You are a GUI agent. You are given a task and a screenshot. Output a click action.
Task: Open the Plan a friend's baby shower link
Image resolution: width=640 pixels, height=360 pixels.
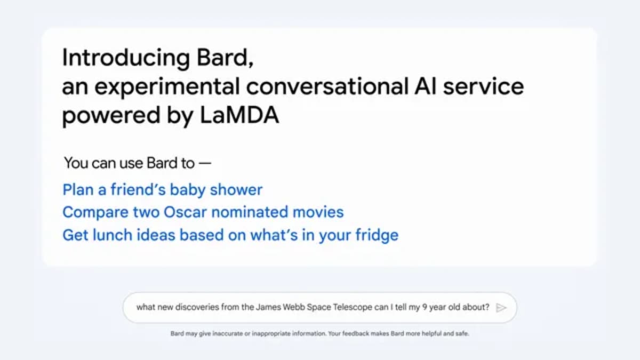click(162, 190)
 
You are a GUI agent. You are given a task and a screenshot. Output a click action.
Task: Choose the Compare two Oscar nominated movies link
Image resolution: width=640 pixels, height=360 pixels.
click(203, 212)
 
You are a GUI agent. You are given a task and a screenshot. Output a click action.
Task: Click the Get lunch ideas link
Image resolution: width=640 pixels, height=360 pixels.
click(230, 235)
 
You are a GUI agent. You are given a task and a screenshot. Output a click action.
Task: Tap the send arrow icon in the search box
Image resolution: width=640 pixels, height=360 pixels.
click(500, 307)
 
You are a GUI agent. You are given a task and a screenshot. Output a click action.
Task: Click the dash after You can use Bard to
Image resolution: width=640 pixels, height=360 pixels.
click(205, 163)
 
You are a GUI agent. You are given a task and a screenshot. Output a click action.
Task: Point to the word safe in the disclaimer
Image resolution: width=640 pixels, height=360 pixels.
click(463, 334)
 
